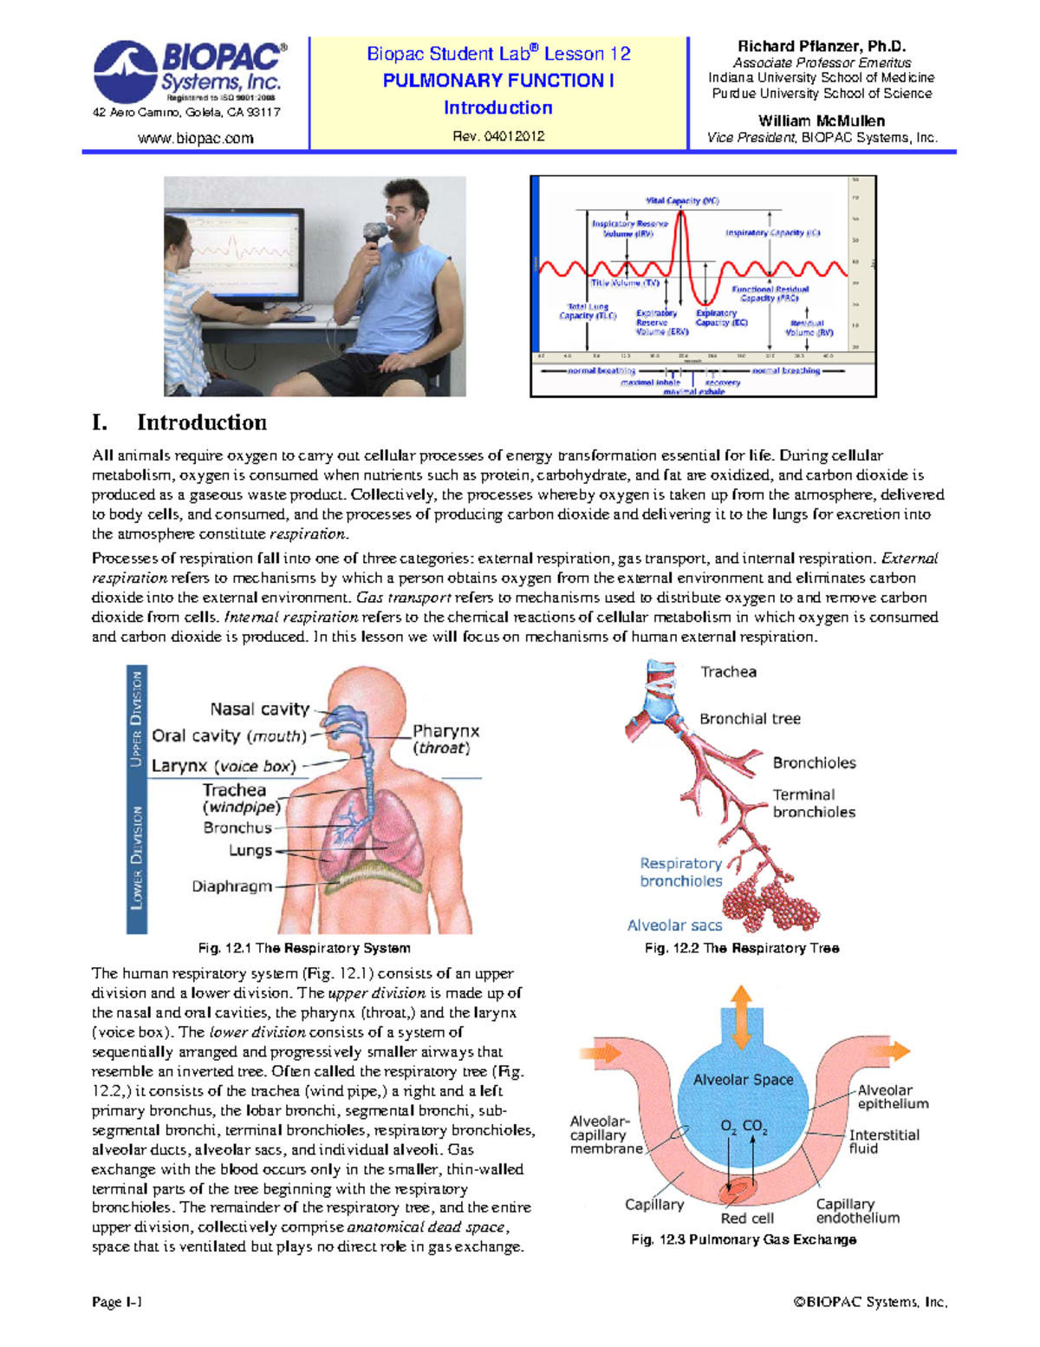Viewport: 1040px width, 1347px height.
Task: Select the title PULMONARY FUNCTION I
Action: tap(498, 81)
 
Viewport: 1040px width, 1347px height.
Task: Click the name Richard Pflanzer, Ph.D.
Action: tap(821, 47)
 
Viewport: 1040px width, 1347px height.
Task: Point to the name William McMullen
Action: tap(821, 121)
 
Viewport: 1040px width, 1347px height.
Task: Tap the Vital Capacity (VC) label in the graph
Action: tap(682, 200)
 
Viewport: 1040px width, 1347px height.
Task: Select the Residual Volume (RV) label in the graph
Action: tap(809, 327)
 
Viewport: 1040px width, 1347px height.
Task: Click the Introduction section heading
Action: tap(201, 423)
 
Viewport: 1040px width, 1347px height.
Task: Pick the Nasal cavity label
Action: tap(259, 709)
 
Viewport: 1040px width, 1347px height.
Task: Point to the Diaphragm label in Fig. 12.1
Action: tap(231, 886)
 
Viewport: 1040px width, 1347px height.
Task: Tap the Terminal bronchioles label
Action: tap(813, 803)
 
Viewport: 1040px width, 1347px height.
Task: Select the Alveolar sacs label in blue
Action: tap(674, 925)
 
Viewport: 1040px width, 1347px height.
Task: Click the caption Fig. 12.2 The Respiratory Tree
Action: tap(741, 949)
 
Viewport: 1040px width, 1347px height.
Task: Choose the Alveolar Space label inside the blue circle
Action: tap(743, 1080)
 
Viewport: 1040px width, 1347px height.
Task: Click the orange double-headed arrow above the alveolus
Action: tap(741, 1017)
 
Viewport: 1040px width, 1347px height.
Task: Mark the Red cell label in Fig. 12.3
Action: tap(746, 1219)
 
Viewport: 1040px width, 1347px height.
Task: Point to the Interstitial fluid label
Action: tap(883, 1141)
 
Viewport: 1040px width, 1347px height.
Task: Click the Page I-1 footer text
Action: tap(116, 1302)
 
